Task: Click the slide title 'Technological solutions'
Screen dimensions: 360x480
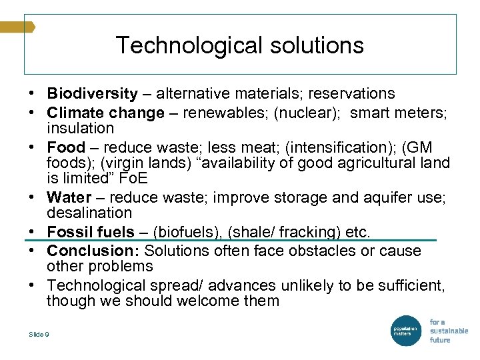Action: (240, 45)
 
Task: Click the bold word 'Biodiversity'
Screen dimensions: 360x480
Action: (92, 94)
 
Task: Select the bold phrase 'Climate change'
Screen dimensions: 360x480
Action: (105, 113)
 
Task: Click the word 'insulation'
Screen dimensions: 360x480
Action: (80, 128)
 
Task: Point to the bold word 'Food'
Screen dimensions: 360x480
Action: (66, 147)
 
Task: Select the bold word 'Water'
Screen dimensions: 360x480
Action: (69, 197)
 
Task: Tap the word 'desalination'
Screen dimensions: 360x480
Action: (89, 213)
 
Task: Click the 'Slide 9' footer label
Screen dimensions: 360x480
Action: (39, 334)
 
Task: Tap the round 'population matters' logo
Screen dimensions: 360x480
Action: (405, 331)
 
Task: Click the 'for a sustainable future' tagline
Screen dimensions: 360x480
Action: (448, 331)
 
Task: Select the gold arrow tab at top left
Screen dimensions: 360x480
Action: (17, 27)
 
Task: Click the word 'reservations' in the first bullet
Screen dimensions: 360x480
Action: (352, 94)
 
